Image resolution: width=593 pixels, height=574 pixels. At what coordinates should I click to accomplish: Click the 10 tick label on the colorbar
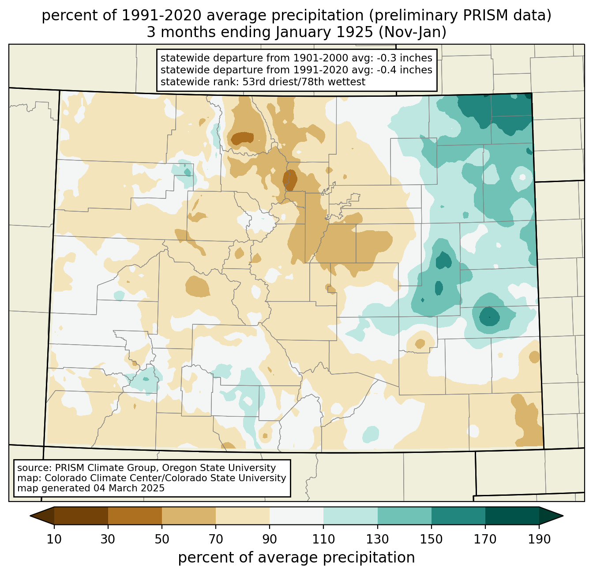pos(54,539)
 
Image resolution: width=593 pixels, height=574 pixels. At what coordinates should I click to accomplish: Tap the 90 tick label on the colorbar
pos(270,539)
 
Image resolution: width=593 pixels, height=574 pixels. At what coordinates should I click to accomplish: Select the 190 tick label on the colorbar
pos(539,539)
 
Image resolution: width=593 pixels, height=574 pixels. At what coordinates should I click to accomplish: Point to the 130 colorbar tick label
pos(378,539)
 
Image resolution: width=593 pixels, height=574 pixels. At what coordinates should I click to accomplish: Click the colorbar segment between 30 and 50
pos(135,516)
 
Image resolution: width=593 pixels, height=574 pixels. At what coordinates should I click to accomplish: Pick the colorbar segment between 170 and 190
pos(512,516)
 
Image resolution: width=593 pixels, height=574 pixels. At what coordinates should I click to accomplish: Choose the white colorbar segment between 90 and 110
pos(296,516)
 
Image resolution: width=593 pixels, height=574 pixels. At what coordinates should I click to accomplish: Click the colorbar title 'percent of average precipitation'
pos(296,558)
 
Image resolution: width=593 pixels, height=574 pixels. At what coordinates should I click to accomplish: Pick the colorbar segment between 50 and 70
pos(189,516)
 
